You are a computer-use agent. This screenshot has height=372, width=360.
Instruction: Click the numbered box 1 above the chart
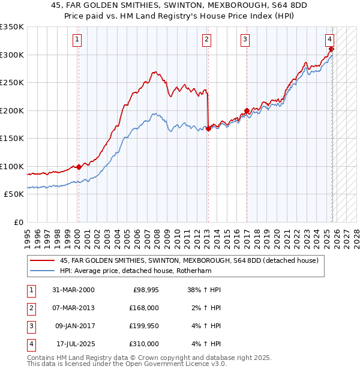click(78, 40)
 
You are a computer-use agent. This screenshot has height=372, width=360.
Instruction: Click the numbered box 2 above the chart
click(206, 40)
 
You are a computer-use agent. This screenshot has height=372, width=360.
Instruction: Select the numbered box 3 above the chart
click(245, 40)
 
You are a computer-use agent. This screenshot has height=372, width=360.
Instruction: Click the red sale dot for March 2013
click(208, 128)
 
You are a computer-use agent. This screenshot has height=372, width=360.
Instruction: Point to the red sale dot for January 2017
click(247, 110)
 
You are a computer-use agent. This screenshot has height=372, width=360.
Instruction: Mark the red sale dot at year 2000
click(79, 167)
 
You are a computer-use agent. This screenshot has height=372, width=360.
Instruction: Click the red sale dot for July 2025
click(331, 49)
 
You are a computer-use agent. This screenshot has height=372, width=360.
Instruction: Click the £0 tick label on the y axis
click(18, 223)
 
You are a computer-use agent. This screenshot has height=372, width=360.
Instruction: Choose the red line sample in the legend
click(43, 261)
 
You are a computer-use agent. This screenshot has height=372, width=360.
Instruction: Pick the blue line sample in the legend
click(43, 271)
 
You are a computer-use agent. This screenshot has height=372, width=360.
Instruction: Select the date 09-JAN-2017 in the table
click(74, 326)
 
